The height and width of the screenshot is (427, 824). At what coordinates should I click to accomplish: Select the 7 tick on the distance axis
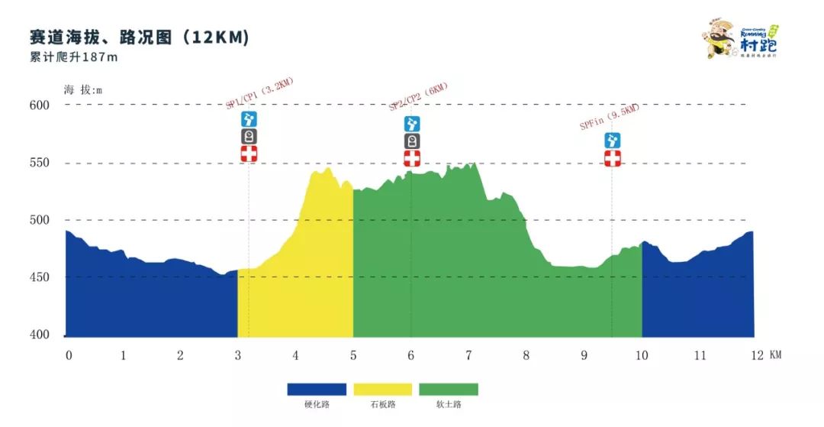point(468,355)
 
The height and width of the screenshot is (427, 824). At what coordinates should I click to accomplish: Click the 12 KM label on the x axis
point(764,355)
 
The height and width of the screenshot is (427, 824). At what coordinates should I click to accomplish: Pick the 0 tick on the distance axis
point(69,355)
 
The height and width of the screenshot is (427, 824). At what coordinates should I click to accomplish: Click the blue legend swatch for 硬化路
point(317,390)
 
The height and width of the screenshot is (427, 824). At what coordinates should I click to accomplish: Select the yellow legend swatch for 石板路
point(382,390)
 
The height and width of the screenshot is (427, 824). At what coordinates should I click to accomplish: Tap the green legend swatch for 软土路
point(449,390)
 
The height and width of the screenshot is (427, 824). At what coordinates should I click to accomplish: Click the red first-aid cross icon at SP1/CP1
point(249,154)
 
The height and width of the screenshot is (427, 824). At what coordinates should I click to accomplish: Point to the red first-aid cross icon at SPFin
point(612,158)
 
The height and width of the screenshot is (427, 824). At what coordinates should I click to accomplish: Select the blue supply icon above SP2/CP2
point(412,124)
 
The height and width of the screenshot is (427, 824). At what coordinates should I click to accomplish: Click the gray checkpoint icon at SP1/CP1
point(249,136)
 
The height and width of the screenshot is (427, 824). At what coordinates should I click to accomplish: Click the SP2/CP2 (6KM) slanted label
point(418,98)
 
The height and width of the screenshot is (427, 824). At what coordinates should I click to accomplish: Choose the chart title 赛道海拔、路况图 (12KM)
point(139,37)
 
